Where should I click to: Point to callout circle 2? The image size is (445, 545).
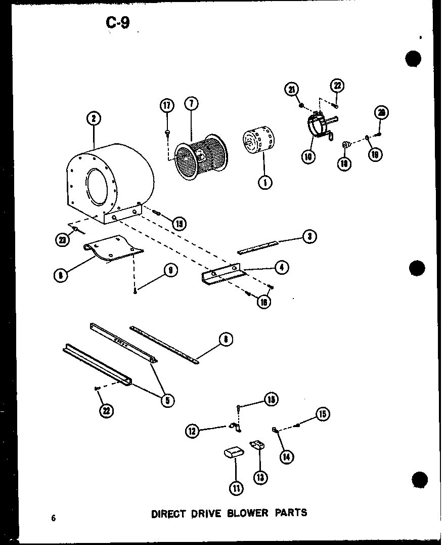[x=93, y=119]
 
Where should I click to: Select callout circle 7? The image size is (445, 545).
[x=191, y=104]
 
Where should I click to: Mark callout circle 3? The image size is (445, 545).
[x=309, y=236]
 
